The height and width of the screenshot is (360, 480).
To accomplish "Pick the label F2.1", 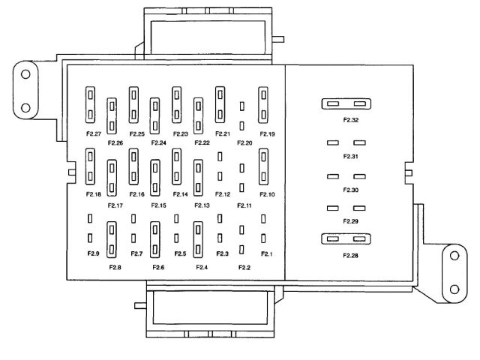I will point(266,253).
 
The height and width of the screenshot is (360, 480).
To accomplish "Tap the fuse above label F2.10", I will point(264,166).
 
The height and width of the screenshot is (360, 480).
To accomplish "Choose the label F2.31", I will point(350,156).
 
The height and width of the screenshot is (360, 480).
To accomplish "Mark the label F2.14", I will point(180,194).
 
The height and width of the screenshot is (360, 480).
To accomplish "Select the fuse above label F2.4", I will point(199,238).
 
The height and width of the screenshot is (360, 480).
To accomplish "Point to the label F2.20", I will point(244,142).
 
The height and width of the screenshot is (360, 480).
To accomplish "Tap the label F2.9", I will point(94,253).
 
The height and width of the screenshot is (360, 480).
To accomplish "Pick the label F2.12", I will point(223,194).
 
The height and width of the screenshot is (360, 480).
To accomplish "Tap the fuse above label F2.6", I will point(156,238).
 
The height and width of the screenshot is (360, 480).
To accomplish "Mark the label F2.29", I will point(350,221).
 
